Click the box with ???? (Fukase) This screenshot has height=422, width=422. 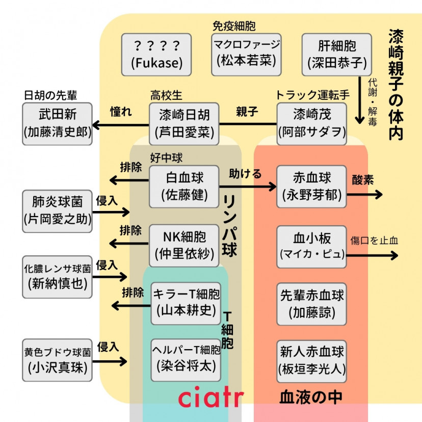tap(156, 55)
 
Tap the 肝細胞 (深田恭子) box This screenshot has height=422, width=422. tap(336, 55)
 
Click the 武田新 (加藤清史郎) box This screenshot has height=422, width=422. tap(57, 123)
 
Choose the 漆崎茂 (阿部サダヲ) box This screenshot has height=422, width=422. tap(311, 123)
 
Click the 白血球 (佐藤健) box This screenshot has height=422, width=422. tap(184, 186)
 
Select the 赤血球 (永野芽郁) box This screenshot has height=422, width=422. tap(311, 186)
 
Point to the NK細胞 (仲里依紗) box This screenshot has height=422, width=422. tap(184, 246)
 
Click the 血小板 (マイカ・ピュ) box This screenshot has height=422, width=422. tap(311, 246)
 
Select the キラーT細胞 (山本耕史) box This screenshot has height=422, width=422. tap(187, 303)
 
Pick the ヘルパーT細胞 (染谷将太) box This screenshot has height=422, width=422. tap(187, 359)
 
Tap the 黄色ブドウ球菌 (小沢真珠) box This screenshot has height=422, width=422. tap(57, 360)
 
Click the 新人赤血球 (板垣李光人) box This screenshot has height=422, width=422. tap(311, 360)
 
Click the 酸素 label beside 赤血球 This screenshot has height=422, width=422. tap(362, 180)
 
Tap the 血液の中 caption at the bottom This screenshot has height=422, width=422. tap(310, 398)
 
